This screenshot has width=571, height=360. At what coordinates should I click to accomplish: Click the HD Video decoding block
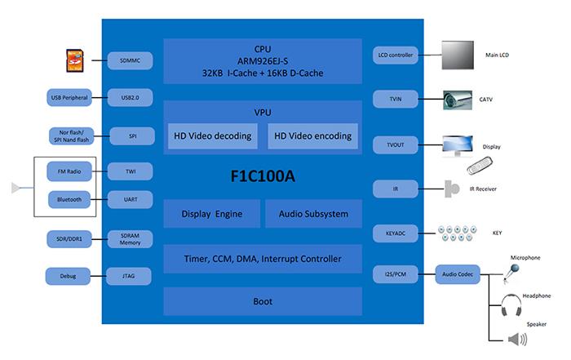213,136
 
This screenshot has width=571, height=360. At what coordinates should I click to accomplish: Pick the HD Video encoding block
312,136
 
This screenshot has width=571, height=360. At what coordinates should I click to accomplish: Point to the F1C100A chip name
262,176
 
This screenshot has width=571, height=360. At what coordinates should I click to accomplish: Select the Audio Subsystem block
312,214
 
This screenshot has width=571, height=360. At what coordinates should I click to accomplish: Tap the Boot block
262,301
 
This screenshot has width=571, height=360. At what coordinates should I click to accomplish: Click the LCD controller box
396,56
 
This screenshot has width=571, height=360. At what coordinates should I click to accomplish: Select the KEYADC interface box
396,232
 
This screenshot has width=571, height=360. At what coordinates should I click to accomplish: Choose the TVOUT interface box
396,144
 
